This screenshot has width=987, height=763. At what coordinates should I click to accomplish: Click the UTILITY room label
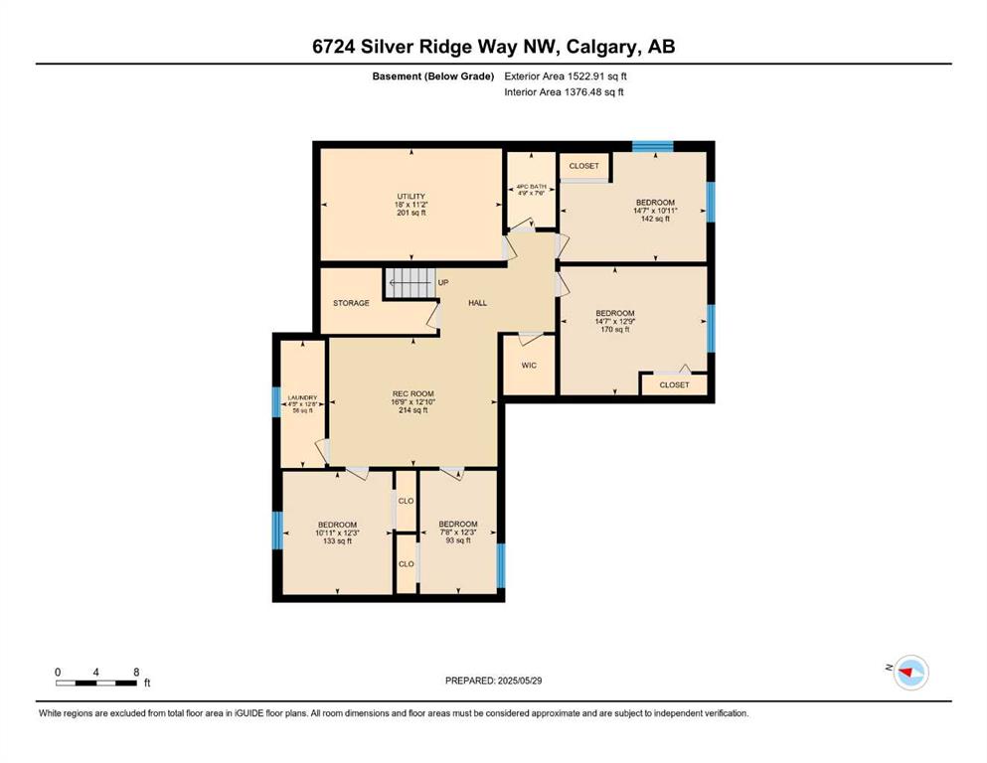[x=411, y=197]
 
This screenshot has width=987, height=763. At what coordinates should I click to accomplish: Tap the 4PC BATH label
[x=531, y=187]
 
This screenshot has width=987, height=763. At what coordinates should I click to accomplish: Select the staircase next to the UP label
[x=410, y=283]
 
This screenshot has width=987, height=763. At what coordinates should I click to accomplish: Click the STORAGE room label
[x=351, y=303]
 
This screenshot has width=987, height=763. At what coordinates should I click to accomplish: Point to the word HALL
[x=478, y=303]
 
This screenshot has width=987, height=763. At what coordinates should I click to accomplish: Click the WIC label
[x=529, y=366]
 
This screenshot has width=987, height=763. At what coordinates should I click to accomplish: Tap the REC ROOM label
[x=412, y=393]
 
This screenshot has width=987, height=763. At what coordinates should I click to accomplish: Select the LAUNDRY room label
[x=303, y=398]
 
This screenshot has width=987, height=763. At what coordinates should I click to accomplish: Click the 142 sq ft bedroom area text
[x=655, y=219]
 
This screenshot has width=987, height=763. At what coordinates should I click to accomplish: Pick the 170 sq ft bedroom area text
[x=615, y=329]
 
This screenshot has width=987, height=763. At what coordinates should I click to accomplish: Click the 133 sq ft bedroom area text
[x=337, y=541]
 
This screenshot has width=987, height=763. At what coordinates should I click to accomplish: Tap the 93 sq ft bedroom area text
[x=458, y=540]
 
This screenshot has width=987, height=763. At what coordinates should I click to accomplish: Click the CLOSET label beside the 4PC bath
[x=584, y=166]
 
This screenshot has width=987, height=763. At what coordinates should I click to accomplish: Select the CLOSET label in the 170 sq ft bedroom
[x=674, y=384]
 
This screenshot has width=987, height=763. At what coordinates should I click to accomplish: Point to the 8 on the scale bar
[x=136, y=673]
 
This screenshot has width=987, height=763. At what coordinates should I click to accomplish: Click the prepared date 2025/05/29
[x=519, y=681]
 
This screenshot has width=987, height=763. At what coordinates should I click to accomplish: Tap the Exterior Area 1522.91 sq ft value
[x=566, y=76]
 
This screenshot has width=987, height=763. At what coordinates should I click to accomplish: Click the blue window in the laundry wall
[x=275, y=402]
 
